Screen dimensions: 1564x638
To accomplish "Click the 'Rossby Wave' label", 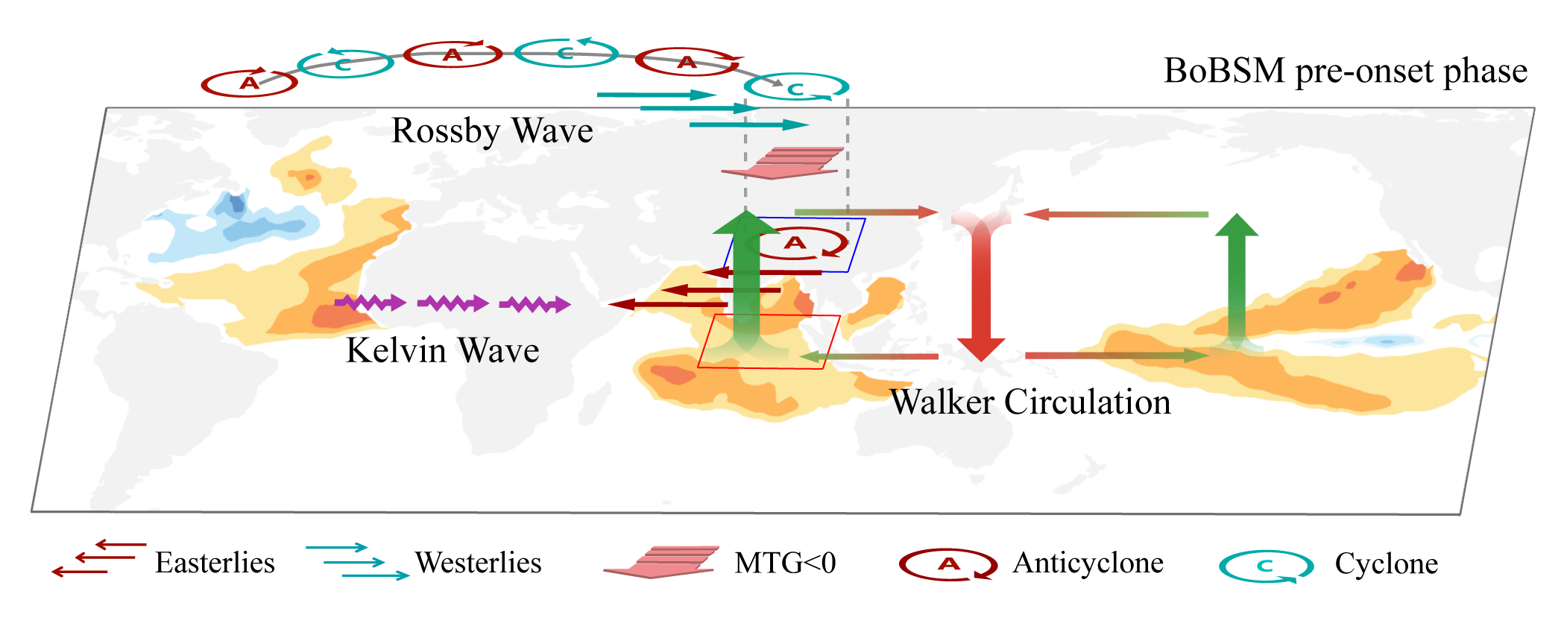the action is click(x=492, y=131).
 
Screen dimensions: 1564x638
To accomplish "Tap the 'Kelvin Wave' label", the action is click(x=443, y=350).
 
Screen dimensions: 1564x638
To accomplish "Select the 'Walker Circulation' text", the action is click(x=1030, y=402).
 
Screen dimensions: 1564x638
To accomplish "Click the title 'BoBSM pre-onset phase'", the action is click(x=1346, y=72).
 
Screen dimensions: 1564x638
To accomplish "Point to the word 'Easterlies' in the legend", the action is click(x=215, y=563).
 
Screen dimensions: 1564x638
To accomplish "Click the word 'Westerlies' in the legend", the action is click(x=478, y=563).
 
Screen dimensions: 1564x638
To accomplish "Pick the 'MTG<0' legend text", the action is click(x=785, y=563).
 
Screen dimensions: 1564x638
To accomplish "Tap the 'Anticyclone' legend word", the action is click(x=1088, y=563).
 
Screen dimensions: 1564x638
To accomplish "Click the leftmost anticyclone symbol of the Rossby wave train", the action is click(x=249, y=83).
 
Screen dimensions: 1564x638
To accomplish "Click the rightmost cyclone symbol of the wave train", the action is click(x=797, y=88).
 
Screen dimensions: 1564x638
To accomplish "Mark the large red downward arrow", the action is click(x=981, y=291).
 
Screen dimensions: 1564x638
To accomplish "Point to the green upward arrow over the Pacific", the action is click(x=1237, y=279).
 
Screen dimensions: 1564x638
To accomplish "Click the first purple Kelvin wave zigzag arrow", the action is click(x=370, y=303).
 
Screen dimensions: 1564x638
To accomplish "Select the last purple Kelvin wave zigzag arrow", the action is click(x=535, y=304).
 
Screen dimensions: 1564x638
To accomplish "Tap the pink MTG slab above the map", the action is click(x=783, y=162).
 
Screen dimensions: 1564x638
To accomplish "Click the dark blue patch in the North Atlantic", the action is click(x=236, y=203).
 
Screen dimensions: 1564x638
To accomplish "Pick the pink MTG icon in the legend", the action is click(x=662, y=562).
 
